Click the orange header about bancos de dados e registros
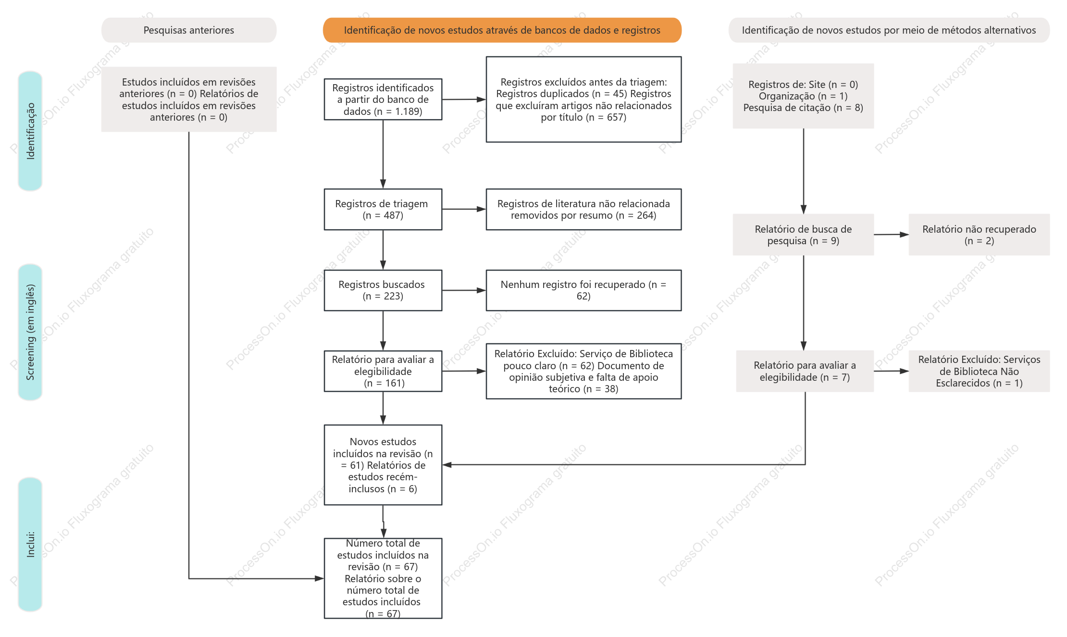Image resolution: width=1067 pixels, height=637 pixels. (502, 30)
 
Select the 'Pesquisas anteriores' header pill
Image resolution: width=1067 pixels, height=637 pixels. (189, 30)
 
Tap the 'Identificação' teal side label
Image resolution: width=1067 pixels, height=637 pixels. (30, 131)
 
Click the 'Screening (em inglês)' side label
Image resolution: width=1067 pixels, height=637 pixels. (30, 332)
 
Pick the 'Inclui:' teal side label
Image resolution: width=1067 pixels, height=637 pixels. (30, 544)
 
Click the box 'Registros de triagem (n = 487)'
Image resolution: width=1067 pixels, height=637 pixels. (383, 209)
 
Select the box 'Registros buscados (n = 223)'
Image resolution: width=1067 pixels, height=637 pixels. (383, 290)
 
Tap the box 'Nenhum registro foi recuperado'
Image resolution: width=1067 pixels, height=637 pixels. (583, 290)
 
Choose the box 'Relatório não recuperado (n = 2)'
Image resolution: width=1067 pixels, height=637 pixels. (979, 235)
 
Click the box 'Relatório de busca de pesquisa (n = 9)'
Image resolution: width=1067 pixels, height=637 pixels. (803, 235)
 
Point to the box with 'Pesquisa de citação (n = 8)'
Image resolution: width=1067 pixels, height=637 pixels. (803, 96)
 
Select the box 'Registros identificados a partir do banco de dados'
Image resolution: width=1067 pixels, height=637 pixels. (383, 100)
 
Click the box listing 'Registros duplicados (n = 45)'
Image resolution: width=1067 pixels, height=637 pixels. (583, 100)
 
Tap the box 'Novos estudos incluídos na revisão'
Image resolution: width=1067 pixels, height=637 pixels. (383, 465)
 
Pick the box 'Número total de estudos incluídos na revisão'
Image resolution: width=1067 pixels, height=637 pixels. (383, 578)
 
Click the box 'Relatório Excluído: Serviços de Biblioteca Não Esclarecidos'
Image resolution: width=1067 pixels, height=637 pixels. (979, 371)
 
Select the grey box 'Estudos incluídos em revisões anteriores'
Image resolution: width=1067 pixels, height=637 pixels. (189, 100)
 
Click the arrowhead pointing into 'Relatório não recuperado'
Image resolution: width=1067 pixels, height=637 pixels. (904, 235)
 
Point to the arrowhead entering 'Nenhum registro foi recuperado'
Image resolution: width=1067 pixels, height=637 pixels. (481, 290)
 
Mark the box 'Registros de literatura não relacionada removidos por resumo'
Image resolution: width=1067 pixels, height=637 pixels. (583, 209)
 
